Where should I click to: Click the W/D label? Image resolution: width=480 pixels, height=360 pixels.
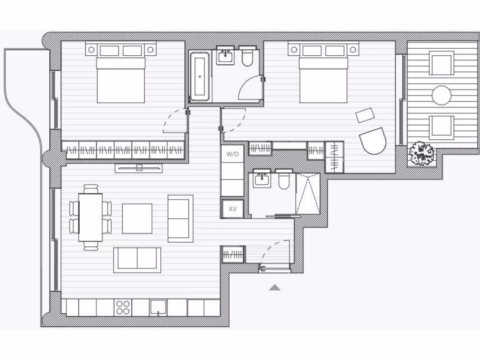pos(232,154)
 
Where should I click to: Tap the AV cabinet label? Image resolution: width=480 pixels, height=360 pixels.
pos(232,209)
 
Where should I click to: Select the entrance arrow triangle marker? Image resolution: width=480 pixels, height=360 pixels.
pos(275,287)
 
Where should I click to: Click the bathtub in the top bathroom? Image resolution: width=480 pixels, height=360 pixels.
pos(200,76)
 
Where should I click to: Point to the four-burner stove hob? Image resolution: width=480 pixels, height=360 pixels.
pos(123,307)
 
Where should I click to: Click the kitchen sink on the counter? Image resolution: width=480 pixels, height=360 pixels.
pos(158,307)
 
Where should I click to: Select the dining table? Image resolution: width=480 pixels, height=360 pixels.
pos(90,217)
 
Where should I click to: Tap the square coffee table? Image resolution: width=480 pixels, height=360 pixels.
pos(137,218)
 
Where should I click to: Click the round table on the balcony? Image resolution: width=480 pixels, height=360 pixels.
pos(442,96)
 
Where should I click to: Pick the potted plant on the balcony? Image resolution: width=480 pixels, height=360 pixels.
pos(422,153)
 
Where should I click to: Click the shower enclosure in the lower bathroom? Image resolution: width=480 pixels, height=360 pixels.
pos(308,194)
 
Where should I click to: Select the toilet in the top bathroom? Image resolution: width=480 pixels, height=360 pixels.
pos(247,56)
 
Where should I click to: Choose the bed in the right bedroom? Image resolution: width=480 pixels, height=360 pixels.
pos(323,79)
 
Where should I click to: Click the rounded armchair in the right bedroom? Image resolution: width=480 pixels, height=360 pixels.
pos(373,141)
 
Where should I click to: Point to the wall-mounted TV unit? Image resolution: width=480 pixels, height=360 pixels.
pos(139,168)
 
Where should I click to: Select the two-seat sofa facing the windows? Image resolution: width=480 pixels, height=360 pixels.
pos(180,218)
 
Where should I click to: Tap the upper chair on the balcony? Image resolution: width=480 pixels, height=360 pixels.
pos(442,63)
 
